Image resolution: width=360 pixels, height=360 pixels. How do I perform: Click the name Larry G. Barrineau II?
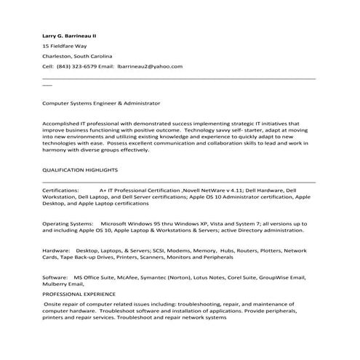(x=71, y=35)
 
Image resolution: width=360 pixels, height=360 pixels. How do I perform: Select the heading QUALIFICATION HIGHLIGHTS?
(x=80, y=169)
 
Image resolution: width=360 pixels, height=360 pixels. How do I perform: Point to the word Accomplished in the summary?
(x=63, y=124)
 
